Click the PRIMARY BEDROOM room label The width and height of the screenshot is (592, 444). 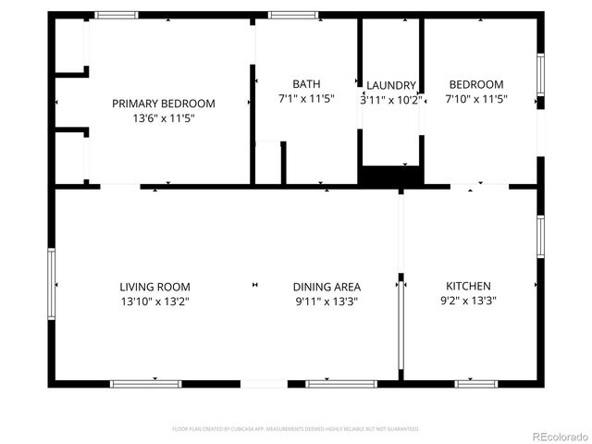(164, 104)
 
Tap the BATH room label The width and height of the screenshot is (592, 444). (306, 84)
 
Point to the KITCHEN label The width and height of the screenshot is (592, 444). (468, 286)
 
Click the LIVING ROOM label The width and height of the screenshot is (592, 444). (154, 287)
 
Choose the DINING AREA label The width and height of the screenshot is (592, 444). (327, 287)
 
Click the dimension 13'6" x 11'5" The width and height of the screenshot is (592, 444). (164, 118)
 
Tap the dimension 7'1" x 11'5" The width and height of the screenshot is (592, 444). (306, 98)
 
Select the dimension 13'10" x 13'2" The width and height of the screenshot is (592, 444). (154, 301)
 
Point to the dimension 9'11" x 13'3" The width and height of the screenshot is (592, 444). (327, 301)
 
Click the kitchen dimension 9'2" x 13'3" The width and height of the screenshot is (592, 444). (468, 301)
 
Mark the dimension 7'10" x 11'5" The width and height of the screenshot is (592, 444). (475, 98)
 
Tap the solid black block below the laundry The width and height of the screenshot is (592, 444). (390, 175)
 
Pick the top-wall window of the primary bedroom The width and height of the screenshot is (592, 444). (117, 16)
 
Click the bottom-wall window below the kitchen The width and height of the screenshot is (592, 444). (476, 383)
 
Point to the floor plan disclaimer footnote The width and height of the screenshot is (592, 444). (296, 429)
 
